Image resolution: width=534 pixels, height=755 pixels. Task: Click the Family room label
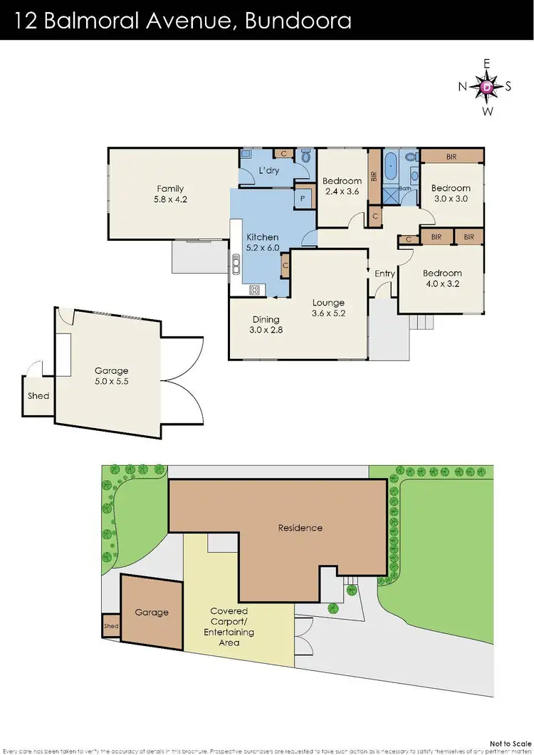[x=171, y=189]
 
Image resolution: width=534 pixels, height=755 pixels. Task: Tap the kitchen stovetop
[x=254, y=289]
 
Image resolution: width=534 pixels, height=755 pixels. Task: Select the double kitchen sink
[x=234, y=265]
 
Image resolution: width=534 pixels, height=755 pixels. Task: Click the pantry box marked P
[x=303, y=199]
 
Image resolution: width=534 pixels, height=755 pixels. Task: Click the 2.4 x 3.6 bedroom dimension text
[x=342, y=192]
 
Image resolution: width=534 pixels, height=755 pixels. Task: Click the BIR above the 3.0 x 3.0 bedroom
[x=451, y=156]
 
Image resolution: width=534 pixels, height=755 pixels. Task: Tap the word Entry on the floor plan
[x=384, y=274]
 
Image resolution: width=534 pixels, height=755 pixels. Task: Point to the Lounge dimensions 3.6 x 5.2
[x=328, y=313]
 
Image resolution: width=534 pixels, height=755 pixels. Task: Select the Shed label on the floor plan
[x=38, y=395]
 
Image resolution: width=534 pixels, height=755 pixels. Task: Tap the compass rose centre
[x=487, y=87]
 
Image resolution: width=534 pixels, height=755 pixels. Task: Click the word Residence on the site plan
[x=300, y=528]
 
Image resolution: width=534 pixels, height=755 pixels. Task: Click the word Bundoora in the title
[x=298, y=20]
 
